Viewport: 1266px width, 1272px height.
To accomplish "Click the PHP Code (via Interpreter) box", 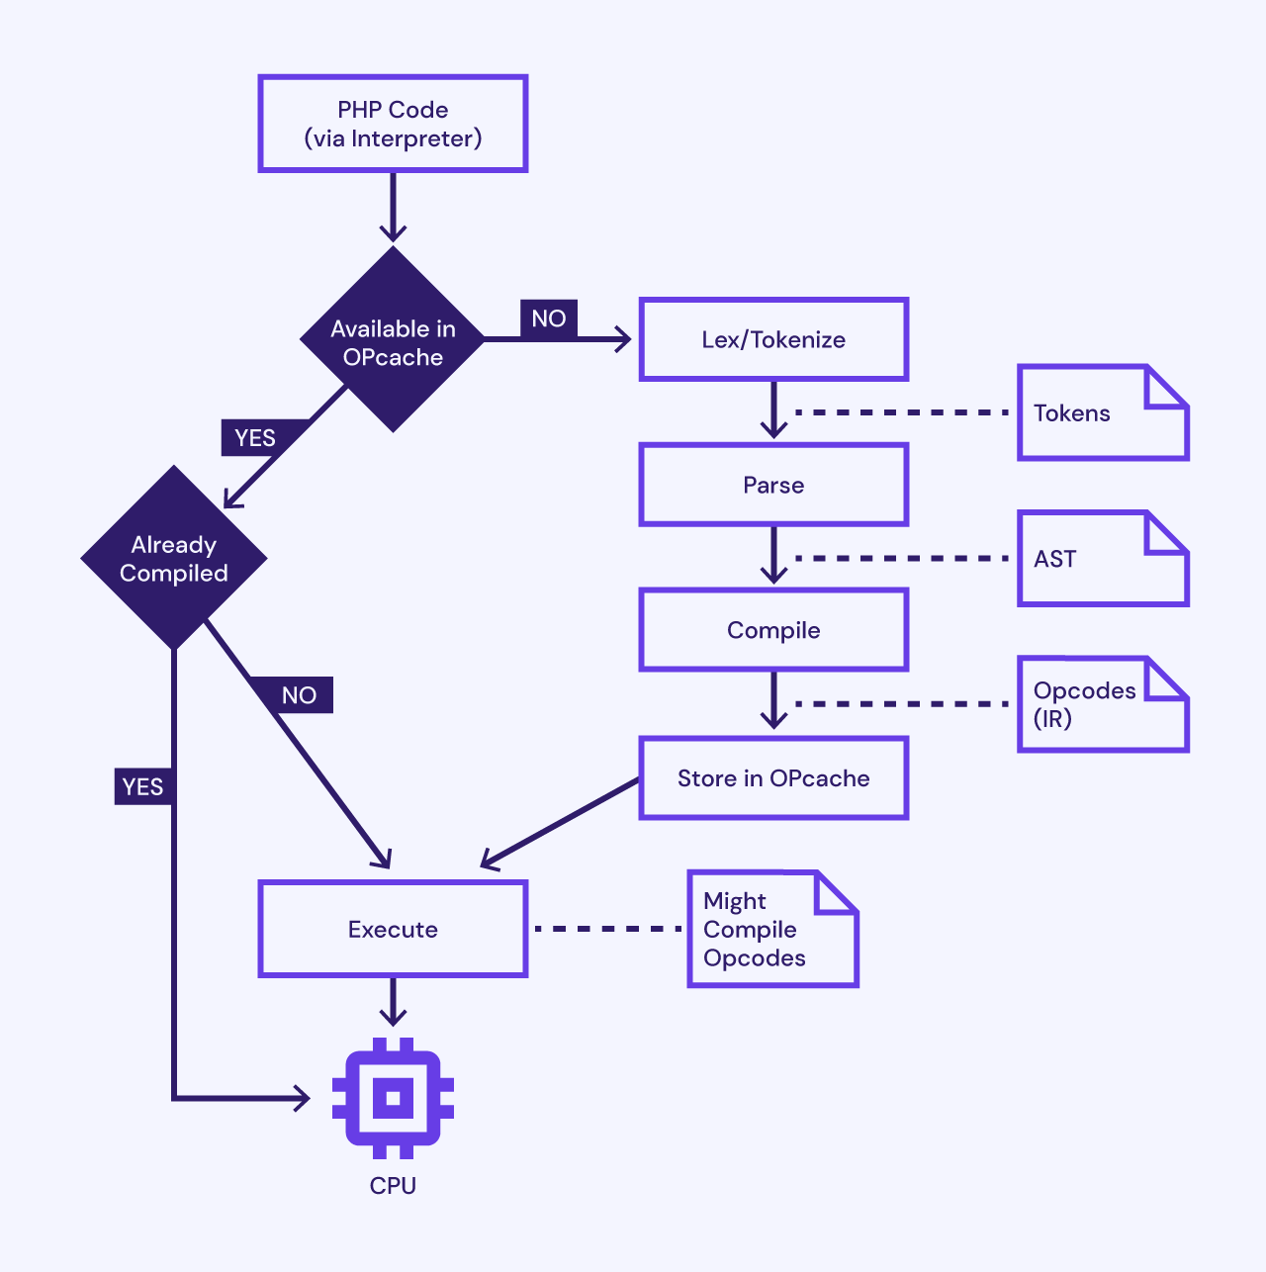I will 393,124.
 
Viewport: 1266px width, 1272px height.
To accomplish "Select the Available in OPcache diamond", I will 393,340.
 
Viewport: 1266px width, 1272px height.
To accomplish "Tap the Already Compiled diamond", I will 174,558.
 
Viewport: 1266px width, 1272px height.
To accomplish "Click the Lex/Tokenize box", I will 773,339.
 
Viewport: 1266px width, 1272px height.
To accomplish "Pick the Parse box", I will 773,485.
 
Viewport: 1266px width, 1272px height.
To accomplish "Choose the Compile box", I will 773,630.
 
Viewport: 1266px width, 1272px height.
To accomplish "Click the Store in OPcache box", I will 773,778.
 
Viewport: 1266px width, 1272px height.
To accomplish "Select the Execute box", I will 393,929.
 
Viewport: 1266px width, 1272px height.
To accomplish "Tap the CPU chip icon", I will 393,1098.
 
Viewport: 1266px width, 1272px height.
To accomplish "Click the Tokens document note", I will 1103,412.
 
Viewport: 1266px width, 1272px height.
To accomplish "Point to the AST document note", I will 1103,559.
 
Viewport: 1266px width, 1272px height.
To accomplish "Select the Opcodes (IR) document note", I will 1103,704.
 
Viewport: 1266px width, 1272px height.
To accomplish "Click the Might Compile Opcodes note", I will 772,929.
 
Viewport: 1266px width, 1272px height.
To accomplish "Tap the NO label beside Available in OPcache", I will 549,319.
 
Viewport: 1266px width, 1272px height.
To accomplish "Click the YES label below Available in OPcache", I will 255,438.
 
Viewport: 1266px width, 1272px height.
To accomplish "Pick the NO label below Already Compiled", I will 299,695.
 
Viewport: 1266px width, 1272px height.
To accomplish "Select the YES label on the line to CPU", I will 143,786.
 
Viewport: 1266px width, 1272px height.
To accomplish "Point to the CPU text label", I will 393,1185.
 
